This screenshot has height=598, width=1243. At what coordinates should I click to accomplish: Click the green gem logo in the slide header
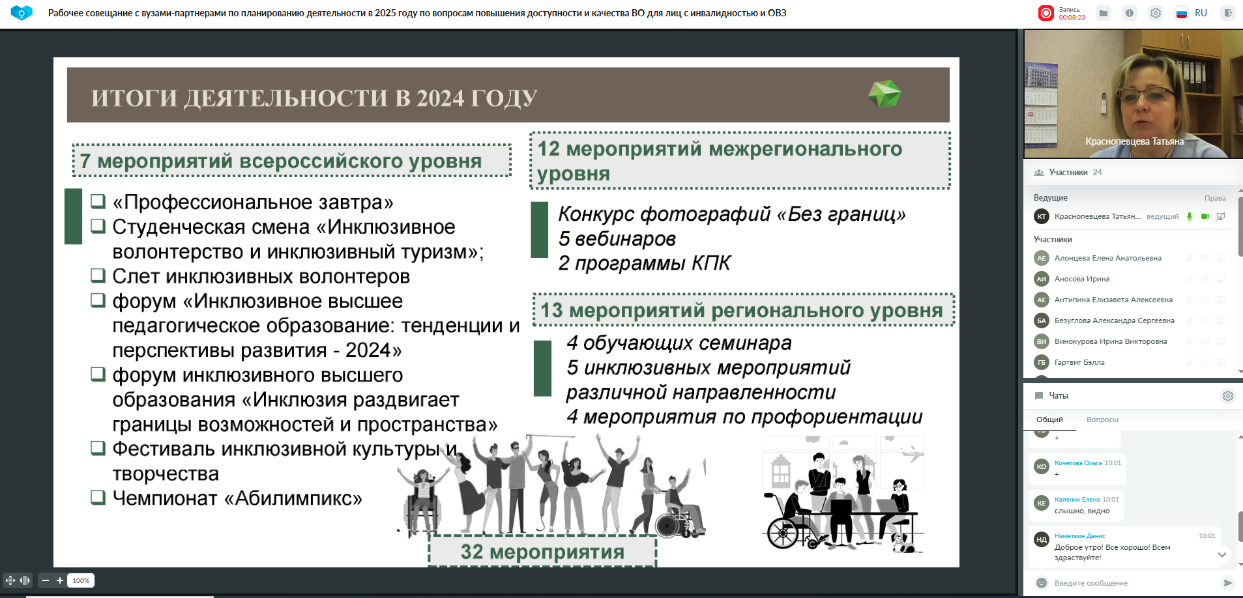tap(885, 94)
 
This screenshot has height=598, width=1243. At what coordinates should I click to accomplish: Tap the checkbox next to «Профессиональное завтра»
tap(98, 201)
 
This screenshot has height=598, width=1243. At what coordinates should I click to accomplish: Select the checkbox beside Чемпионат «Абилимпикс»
tap(98, 497)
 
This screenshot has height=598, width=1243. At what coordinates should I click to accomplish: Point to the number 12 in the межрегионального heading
tap(548, 149)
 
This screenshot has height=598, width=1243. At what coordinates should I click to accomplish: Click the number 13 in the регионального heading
tap(551, 310)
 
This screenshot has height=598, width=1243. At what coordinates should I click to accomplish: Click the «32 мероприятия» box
tap(542, 552)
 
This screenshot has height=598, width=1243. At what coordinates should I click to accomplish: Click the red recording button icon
tap(1046, 13)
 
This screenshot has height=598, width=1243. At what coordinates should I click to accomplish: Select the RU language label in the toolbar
tap(1201, 13)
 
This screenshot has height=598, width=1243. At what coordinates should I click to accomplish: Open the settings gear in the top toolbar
tap(1155, 13)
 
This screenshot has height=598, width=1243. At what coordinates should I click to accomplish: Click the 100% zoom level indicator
tap(81, 580)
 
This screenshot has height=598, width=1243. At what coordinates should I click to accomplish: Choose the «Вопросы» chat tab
tap(1102, 420)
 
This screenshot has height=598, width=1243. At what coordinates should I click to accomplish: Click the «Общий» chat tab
tap(1049, 420)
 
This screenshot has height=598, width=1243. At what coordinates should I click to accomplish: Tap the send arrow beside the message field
tap(1227, 583)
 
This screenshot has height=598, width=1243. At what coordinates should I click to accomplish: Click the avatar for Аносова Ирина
tap(1042, 279)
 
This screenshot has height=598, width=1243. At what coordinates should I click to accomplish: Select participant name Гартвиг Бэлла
tap(1079, 362)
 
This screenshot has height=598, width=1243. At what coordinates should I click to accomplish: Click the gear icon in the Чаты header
tap(1227, 396)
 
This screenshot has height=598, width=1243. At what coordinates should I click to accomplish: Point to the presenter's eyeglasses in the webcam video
tap(1152, 95)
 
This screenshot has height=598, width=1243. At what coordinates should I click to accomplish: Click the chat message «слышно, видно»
tap(1082, 511)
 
